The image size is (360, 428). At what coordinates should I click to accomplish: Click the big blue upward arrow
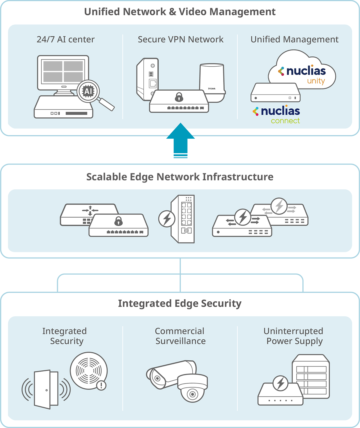coord(180,140)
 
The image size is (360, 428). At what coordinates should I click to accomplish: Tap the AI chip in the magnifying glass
coord(88,91)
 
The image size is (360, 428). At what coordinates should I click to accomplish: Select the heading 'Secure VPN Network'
coord(181,39)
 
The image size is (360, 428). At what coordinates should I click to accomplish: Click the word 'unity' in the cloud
coord(316,81)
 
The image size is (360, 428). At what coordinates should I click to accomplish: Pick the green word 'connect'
coord(285,121)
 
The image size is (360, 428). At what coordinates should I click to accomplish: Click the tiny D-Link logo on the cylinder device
coord(212,89)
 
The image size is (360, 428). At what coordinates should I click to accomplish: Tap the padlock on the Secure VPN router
coord(179,97)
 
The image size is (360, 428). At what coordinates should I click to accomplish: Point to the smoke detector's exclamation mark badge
coord(101,385)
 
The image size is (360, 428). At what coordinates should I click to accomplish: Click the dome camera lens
coord(192,394)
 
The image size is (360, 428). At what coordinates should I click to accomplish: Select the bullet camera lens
coord(157,378)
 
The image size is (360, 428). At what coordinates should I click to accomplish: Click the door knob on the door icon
coord(46,390)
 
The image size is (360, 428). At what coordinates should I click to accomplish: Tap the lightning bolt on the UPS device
coord(280,383)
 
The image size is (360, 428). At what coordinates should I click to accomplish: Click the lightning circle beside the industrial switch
coord(167,219)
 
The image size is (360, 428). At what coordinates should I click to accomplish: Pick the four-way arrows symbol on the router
coord(90,210)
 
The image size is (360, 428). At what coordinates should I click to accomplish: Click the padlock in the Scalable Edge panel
coord(118,221)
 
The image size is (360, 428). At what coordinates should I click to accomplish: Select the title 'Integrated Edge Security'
coord(180,303)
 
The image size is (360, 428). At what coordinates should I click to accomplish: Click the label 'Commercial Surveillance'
coord(180,336)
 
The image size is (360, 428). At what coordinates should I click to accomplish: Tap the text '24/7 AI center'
coord(66,39)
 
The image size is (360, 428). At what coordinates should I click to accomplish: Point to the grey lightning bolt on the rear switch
coord(279,206)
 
